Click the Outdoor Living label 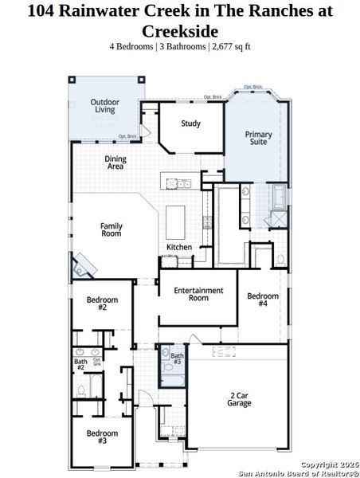click(x=105, y=106)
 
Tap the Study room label click(x=190, y=123)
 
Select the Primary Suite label click(x=258, y=139)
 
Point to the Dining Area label click(x=115, y=163)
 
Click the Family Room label click(x=111, y=229)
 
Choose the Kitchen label click(x=179, y=247)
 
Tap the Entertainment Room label click(x=198, y=294)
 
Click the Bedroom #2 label click(x=102, y=304)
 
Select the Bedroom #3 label click(x=102, y=437)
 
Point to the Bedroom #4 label click(x=263, y=300)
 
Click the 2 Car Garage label click(x=240, y=399)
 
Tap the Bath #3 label click(x=177, y=358)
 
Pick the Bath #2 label click(x=80, y=364)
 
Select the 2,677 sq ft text click(x=233, y=46)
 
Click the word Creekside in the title click(x=180, y=30)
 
